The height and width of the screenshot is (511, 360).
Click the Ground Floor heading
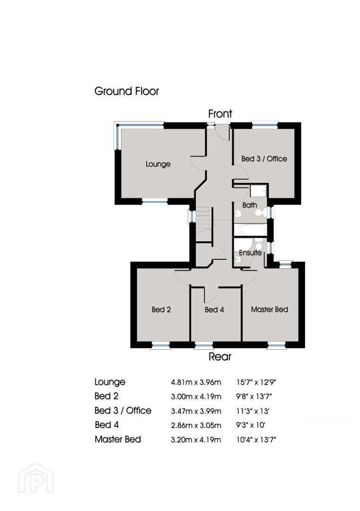pos(126,91)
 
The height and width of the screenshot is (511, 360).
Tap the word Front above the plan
pos(220,114)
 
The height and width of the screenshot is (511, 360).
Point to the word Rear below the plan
pos(220,357)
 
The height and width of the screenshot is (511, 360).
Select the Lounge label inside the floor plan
pos(158,164)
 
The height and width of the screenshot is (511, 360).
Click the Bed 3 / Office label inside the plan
pos(264,159)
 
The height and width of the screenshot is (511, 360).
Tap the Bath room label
pos(250,205)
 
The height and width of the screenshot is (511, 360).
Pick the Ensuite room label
pos(250,253)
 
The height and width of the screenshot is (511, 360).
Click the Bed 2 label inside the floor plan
pos(161,309)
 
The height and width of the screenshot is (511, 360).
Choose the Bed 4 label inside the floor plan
pos(214,309)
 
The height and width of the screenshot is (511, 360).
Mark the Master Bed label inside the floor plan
pos(270,309)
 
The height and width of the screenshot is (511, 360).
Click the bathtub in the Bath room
pos(251,230)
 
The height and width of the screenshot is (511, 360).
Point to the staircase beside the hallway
pos(203,224)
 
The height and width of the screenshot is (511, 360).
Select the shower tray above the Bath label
pos(258,191)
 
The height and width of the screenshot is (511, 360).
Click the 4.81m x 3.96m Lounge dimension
pos(196,382)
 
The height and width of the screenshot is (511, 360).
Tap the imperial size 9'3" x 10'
pos(251,425)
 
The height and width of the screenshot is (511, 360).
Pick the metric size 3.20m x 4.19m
pos(196,440)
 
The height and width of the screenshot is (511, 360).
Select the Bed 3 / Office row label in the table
pos(123,411)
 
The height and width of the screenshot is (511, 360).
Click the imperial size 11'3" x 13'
pos(253,411)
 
